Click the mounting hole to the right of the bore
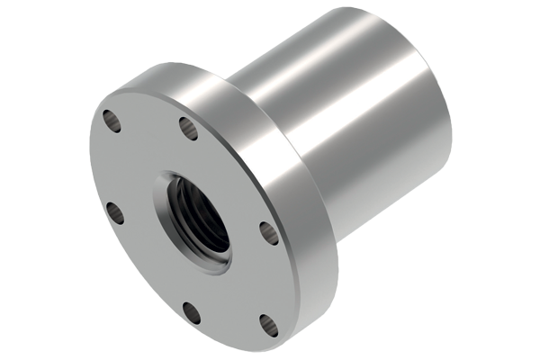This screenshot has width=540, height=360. click(x=267, y=233)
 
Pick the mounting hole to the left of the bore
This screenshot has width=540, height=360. click(x=114, y=212)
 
